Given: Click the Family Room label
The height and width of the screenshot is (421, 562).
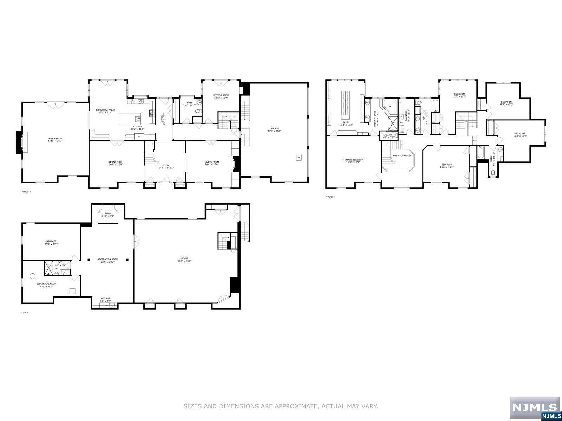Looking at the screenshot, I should coord(55,139).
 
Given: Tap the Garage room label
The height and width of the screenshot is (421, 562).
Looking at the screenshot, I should coord(274,129).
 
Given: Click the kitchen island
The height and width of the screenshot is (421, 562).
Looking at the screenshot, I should coord(130,119).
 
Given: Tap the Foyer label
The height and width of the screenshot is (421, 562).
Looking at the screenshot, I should coord(166,165).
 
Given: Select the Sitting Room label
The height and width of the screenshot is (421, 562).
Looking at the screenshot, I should coord(221,95).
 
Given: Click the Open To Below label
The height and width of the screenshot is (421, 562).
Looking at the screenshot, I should coord(402,155).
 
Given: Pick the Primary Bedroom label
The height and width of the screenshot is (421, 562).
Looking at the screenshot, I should coord(353,160).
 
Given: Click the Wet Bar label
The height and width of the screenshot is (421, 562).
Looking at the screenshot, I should coord(106,298).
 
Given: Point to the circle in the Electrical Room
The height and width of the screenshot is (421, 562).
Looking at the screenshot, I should coord(32,276).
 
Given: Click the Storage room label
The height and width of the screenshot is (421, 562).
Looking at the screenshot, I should coord(51,241).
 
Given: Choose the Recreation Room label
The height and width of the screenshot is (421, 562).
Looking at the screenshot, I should coord(108,259).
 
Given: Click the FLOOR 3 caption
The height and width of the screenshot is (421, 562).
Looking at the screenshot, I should coord(330,197).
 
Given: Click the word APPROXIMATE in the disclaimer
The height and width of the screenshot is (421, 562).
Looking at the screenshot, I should coord(296,406).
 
